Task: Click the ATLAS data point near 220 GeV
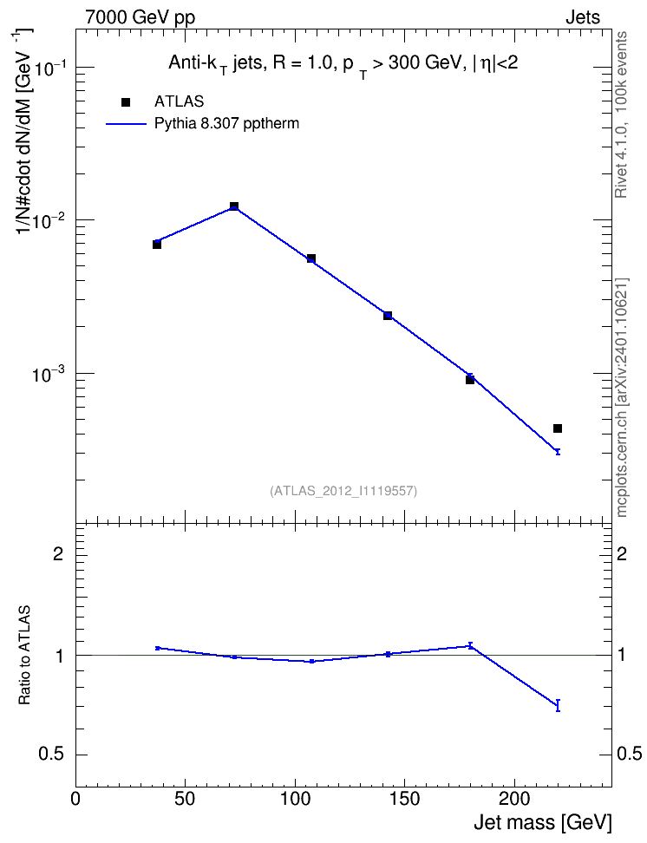[558, 428]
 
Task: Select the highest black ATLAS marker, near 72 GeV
[234, 206]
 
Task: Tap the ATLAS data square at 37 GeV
[157, 245]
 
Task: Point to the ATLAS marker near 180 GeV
[470, 380]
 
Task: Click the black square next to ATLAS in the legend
[126, 102]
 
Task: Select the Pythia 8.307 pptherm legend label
[226, 124]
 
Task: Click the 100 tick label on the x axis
[295, 799]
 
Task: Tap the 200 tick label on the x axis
[514, 799]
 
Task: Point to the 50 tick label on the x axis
[186, 799]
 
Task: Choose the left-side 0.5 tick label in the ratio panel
[51, 755]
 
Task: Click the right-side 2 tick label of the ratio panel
[622, 553]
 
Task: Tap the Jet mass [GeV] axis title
[542, 822]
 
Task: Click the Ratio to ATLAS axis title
[25, 655]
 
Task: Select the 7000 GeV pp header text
[140, 17]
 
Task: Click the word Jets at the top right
[583, 17]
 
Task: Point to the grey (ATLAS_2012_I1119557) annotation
[343, 491]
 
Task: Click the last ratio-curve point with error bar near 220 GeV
[558, 705]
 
